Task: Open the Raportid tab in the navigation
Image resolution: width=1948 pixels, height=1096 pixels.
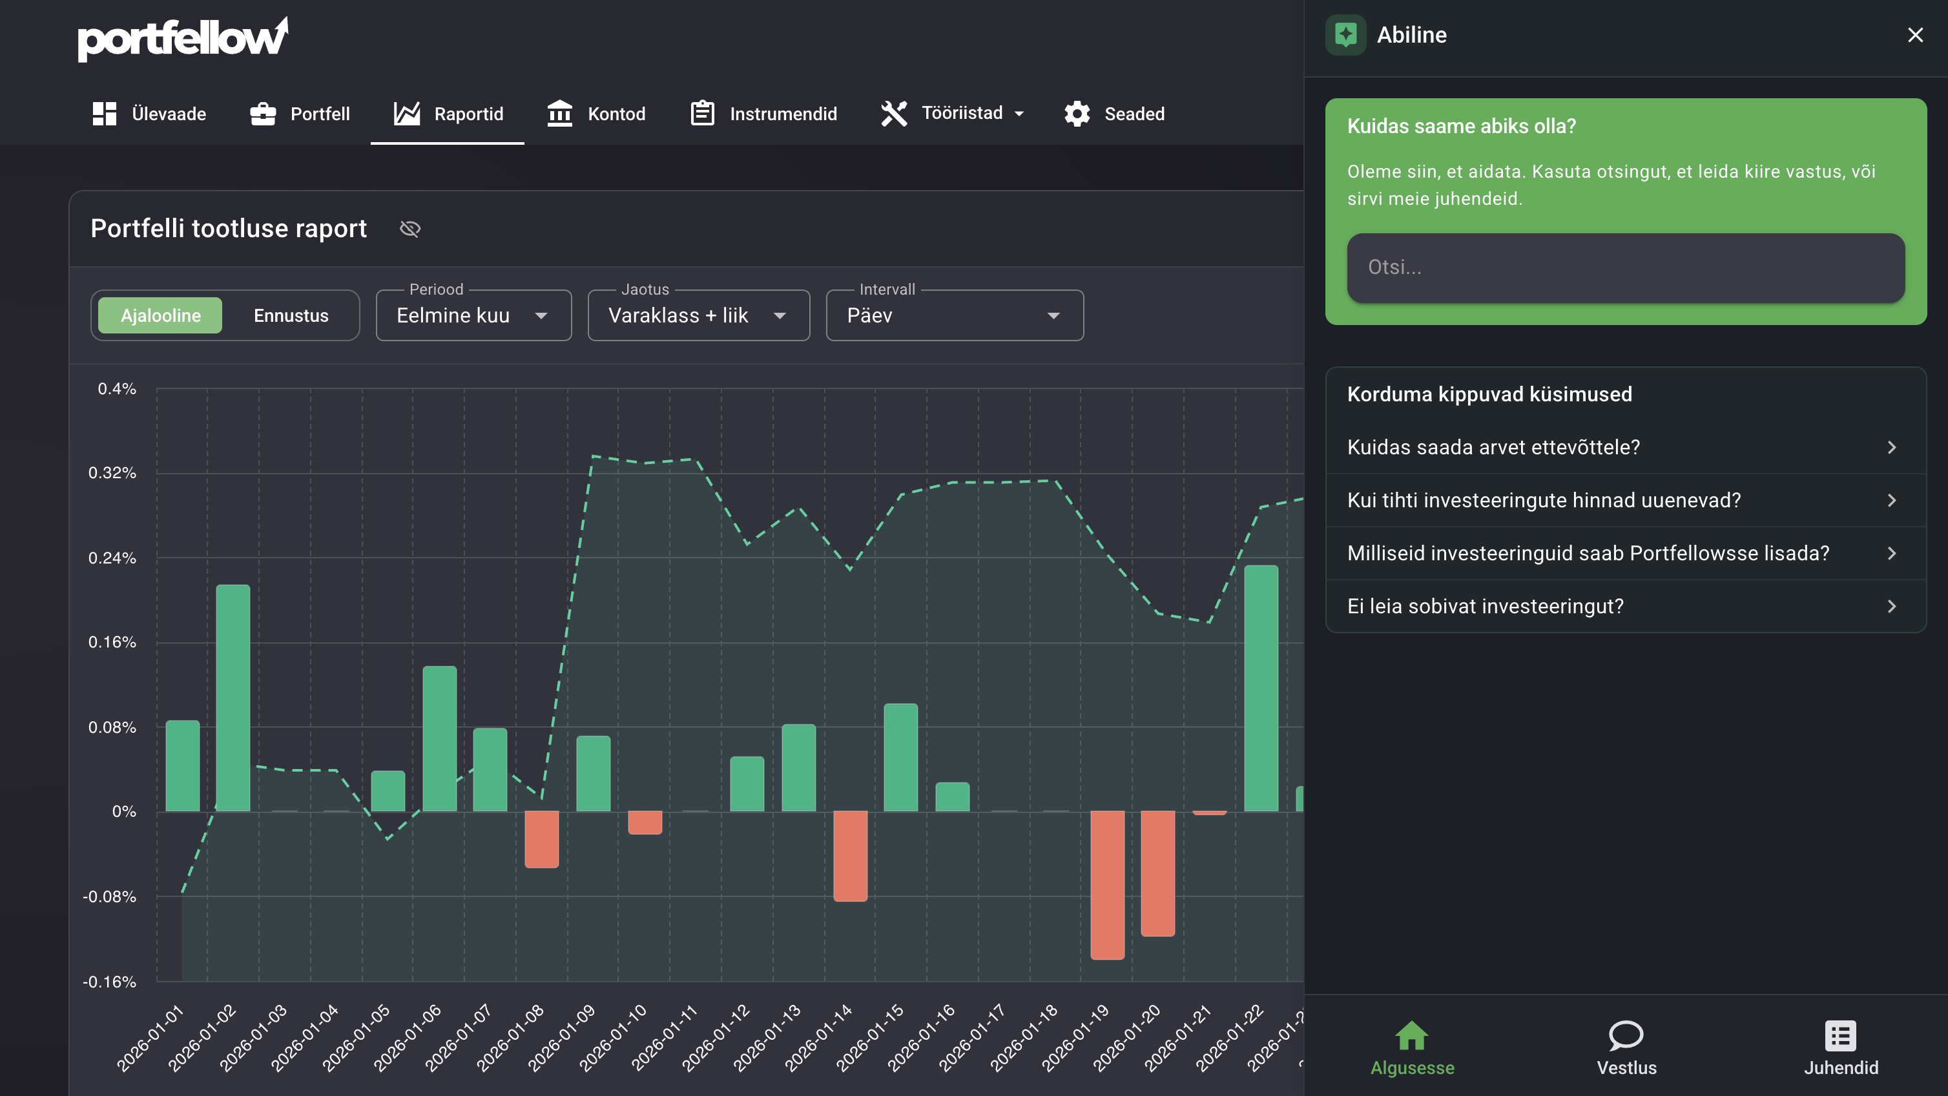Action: click(x=448, y=114)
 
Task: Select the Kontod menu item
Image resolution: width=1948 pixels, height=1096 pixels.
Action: click(x=596, y=114)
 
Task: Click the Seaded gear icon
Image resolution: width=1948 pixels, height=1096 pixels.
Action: click(x=1077, y=114)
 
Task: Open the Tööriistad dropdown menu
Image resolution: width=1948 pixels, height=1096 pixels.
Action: click(x=953, y=114)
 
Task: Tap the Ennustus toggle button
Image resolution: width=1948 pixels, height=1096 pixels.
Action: click(x=291, y=315)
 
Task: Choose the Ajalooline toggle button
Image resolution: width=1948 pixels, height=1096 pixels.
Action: click(x=160, y=315)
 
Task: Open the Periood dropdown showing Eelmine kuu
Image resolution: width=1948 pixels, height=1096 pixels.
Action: click(x=473, y=315)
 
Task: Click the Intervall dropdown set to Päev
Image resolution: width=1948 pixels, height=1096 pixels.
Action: click(x=955, y=315)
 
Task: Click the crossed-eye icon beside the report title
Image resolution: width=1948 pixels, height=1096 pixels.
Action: click(x=410, y=228)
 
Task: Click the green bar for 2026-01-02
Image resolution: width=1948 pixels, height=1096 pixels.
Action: click(x=233, y=697)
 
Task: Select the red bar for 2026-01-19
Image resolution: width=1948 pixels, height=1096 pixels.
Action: click(x=1107, y=885)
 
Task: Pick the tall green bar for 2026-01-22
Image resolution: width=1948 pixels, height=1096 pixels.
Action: click(x=1261, y=688)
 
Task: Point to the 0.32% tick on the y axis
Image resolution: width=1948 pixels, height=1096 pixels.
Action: click(x=112, y=473)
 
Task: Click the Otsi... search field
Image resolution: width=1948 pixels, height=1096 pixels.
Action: click(x=1626, y=268)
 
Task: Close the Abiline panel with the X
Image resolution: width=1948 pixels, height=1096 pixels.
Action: click(x=1916, y=35)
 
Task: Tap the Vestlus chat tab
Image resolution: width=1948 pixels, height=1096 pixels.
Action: click(x=1626, y=1048)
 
